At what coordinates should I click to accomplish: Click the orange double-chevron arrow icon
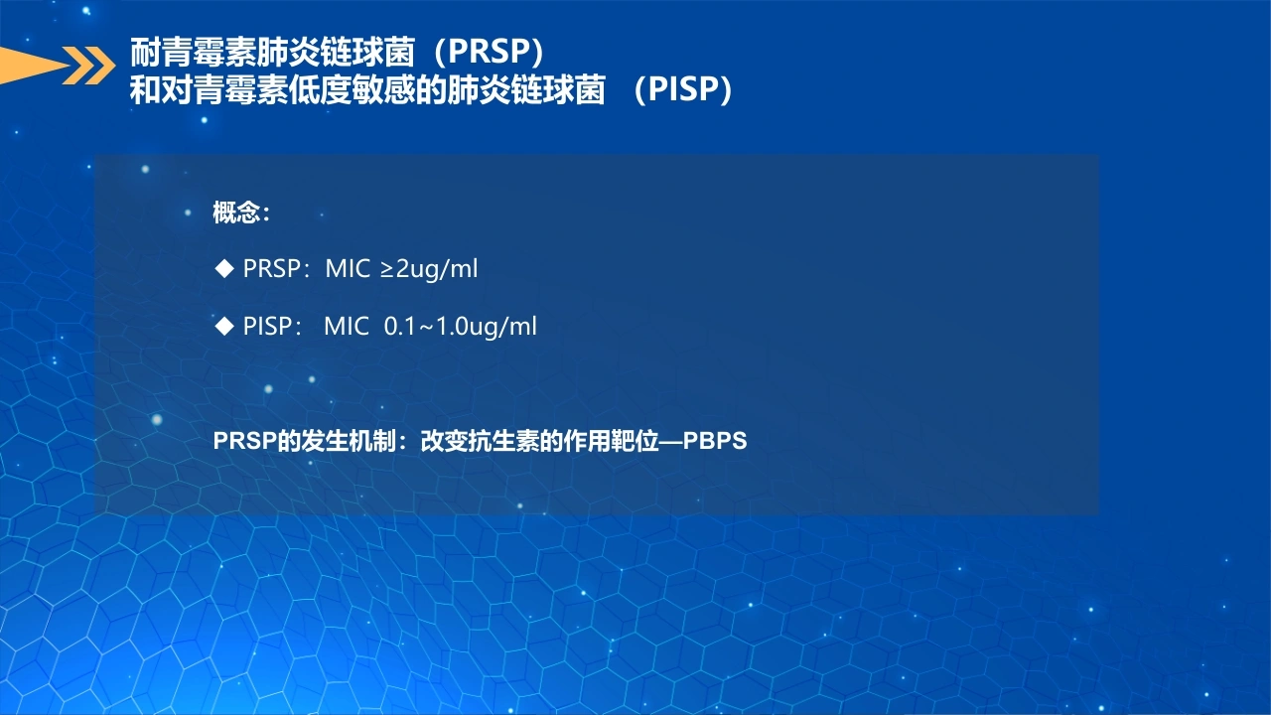click(88, 66)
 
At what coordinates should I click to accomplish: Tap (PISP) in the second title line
click(683, 89)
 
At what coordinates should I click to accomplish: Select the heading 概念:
click(241, 213)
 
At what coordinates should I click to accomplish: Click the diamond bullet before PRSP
click(224, 268)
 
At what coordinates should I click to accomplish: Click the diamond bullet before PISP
click(224, 326)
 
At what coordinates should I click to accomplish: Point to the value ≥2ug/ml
click(429, 269)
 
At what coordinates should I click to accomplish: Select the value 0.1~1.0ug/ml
click(460, 327)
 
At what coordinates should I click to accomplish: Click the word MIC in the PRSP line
click(348, 268)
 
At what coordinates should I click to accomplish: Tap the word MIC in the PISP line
click(347, 327)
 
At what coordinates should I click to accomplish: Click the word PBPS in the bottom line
click(715, 441)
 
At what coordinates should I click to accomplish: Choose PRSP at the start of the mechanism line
click(244, 441)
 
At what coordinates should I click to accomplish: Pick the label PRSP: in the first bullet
click(276, 268)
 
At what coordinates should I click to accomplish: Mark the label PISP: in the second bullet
click(272, 327)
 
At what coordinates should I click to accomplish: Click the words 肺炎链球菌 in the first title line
click(336, 52)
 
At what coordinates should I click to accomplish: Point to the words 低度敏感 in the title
click(352, 89)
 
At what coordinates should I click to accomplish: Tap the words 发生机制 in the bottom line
click(349, 441)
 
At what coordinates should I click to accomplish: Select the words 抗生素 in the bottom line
click(503, 441)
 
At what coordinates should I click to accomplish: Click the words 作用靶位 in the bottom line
click(611, 441)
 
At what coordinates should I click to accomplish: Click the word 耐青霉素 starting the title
click(193, 52)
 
